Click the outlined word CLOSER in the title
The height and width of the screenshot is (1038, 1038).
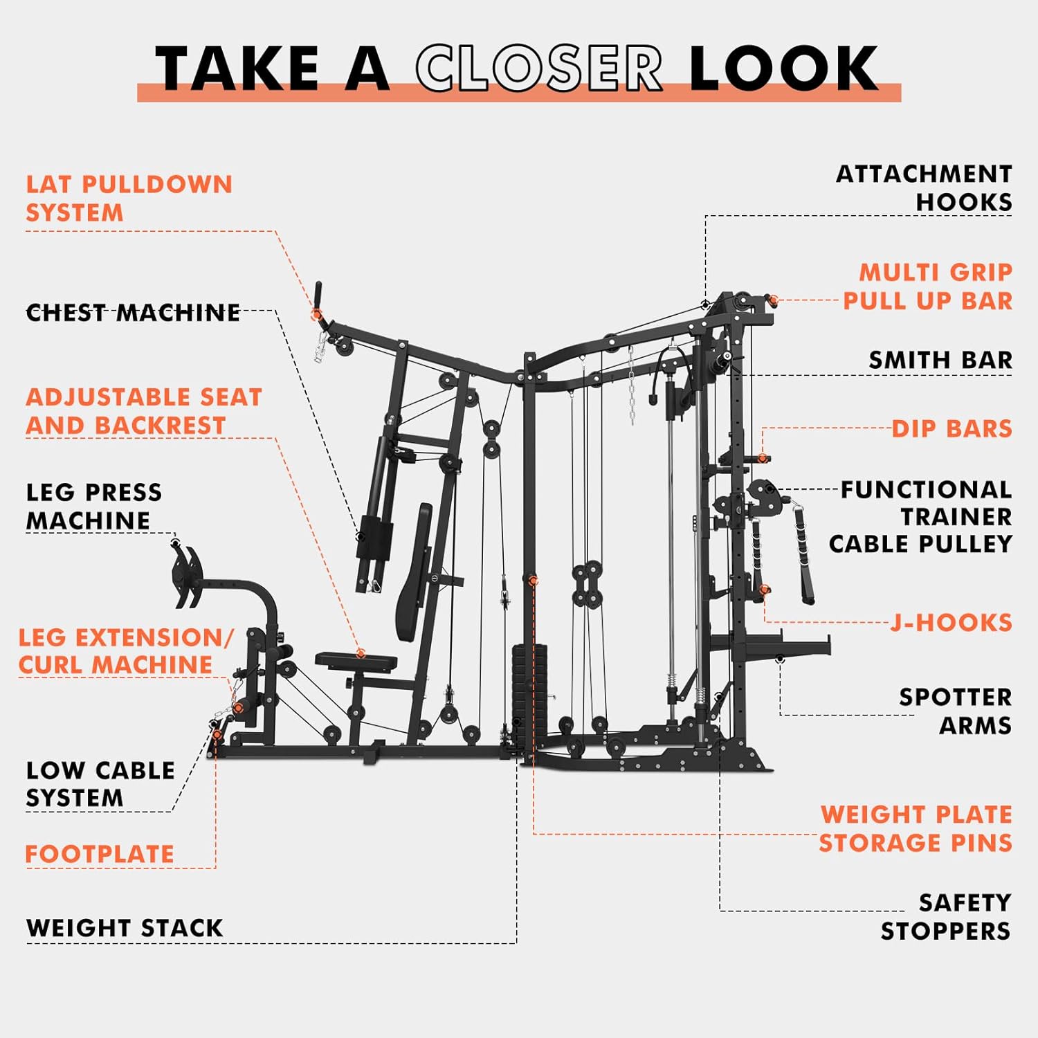tap(539, 68)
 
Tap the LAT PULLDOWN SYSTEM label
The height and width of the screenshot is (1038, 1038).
tap(129, 199)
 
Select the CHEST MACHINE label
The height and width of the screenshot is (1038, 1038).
tap(133, 313)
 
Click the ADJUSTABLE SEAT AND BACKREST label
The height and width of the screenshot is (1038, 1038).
tap(144, 411)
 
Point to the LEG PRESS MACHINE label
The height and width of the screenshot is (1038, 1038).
tap(94, 506)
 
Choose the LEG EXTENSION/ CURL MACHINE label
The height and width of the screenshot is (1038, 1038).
tap(126, 650)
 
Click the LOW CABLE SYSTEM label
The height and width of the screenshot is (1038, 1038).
tap(100, 784)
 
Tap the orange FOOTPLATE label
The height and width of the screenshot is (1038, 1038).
tap(100, 854)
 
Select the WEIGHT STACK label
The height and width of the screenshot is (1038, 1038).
tap(125, 928)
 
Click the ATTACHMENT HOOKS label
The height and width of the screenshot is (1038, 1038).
tap(925, 188)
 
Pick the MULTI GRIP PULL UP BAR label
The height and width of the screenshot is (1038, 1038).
tap(928, 286)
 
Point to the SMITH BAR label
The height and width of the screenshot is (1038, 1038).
tap(940, 360)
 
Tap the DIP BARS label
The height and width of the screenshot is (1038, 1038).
tap(952, 428)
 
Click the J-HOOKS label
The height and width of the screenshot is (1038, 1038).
tap(951, 623)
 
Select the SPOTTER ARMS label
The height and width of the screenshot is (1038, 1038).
tap(956, 711)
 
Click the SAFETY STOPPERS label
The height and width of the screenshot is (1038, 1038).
tap(946, 917)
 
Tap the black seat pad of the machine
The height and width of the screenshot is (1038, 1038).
tap(356, 662)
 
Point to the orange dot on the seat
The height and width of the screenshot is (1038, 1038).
tap(361, 654)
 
